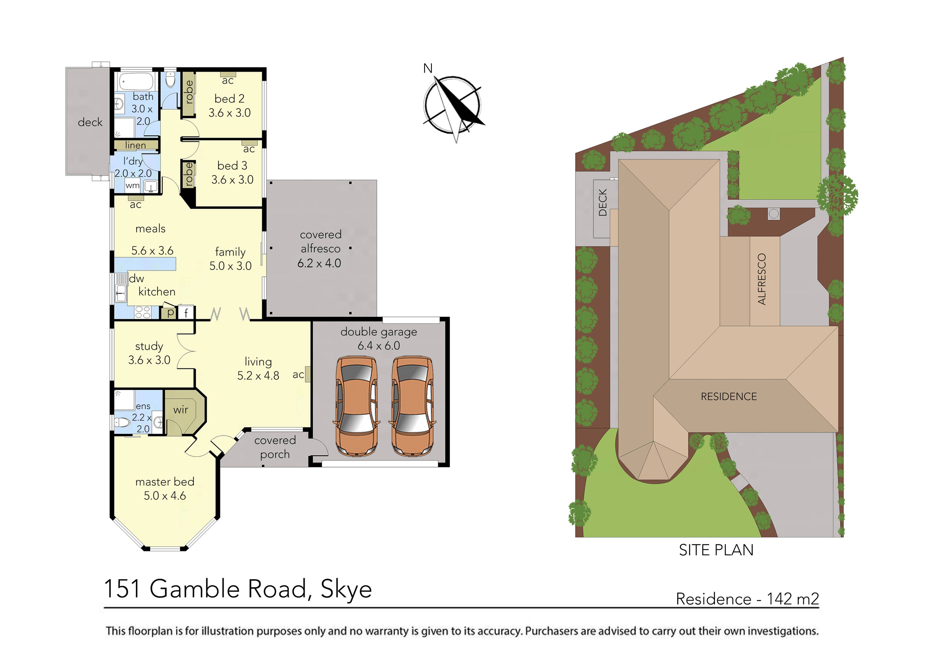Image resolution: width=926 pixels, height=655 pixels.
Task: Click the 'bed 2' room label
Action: [229, 99]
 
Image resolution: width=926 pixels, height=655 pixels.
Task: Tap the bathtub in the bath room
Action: [136, 82]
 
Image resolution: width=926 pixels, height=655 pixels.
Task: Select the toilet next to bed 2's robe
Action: [171, 80]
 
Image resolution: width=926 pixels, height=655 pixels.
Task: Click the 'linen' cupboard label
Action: [135, 145]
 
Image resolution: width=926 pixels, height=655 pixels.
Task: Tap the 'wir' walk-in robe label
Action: [181, 410]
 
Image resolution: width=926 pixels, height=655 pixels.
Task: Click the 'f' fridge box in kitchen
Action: [186, 313]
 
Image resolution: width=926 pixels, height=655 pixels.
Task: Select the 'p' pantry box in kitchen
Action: [170, 313]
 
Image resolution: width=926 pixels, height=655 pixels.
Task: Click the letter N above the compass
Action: [428, 69]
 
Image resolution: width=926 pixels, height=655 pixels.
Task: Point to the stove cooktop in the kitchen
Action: [143, 312]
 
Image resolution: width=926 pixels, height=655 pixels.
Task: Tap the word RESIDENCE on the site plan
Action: [729, 397]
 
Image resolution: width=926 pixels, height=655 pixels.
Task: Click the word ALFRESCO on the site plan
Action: [762, 279]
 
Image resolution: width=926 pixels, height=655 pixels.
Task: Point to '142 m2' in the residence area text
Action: [792, 599]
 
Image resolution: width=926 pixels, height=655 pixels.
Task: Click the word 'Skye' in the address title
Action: [346, 589]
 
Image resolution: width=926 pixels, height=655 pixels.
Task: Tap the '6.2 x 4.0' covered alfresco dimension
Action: [319, 263]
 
